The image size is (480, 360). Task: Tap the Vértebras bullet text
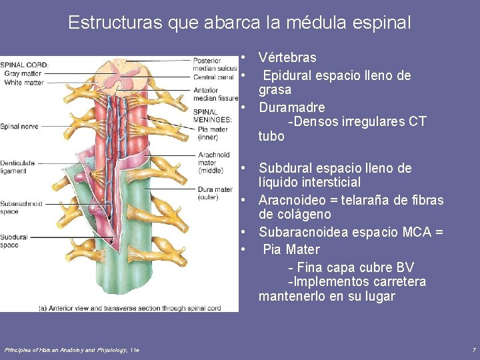(x=287, y=58)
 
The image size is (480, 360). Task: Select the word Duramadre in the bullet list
(x=292, y=107)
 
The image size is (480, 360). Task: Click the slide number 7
(x=473, y=349)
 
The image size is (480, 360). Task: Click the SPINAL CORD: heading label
(x=24, y=65)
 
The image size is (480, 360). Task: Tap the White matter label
(x=23, y=83)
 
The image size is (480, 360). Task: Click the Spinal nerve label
(x=19, y=126)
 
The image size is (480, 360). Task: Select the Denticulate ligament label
(x=17, y=167)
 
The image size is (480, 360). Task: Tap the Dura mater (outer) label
(x=215, y=193)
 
